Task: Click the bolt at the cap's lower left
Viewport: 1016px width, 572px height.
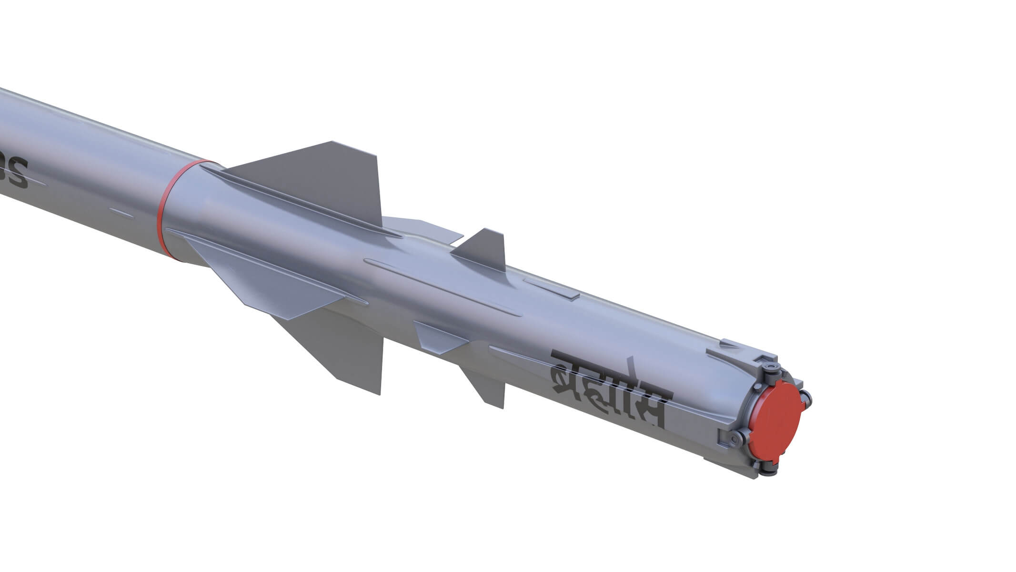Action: pos(736,437)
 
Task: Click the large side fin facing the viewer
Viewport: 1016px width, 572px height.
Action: pos(267,281)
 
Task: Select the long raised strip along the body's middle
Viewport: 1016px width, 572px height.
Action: pos(438,286)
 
